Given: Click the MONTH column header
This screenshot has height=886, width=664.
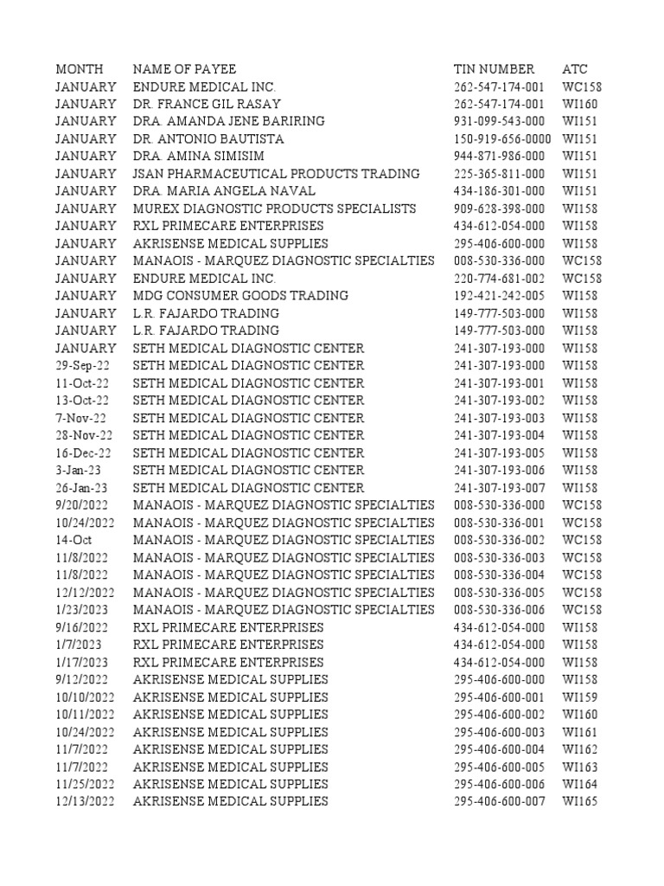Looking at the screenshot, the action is pyautogui.click(x=79, y=69).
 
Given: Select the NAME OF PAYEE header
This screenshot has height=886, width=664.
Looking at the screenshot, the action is pyautogui.click(x=184, y=69).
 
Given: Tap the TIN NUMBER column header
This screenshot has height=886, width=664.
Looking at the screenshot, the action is pyautogui.click(x=494, y=69).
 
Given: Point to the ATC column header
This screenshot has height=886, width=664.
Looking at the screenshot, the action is pyautogui.click(x=575, y=69).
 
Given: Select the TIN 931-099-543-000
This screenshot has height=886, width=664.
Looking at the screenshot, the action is pyautogui.click(x=499, y=121).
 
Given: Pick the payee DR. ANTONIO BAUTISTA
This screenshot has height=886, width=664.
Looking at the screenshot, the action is pyautogui.click(x=208, y=138).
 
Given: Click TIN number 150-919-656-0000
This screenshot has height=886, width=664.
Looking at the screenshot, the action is pyautogui.click(x=502, y=138).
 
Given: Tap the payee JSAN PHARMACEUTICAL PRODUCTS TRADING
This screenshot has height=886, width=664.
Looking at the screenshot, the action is pyautogui.click(x=277, y=174).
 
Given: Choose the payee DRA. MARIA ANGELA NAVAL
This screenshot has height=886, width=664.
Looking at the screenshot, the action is pyautogui.click(x=224, y=191).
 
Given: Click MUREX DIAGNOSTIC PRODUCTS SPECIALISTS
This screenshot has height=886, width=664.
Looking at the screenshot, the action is pyautogui.click(x=274, y=209).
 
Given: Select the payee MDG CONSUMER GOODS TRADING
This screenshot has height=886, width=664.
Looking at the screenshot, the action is pyautogui.click(x=240, y=296).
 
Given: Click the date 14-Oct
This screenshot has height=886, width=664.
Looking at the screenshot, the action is pyautogui.click(x=73, y=540).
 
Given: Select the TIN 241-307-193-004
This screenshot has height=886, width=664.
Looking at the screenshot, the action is pyautogui.click(x=499, y=435).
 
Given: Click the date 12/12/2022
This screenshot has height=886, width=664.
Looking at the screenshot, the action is pyautogui.click(x=85, y=593).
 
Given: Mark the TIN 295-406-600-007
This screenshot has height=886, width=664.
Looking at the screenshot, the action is pyautogui.click(x=499, y=801).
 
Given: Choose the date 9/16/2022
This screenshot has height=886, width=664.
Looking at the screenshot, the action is pyautogui.click(x=81, y=627).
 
